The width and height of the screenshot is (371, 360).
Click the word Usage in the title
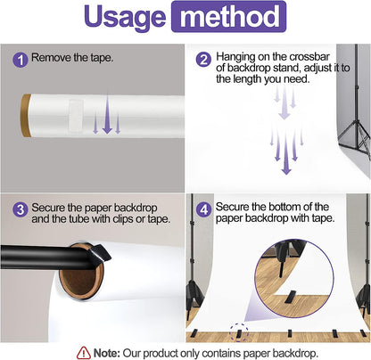(x=124, y=18)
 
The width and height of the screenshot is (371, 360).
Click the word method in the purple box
(x=229, y=17)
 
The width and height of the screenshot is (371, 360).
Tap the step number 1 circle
(x=21, y=60)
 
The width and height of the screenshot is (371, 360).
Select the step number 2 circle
(x=203, y=60)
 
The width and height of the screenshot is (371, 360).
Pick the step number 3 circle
(x=21, y=209)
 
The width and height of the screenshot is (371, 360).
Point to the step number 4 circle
(x=203, y=209)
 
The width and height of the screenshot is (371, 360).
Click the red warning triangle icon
(x=84, y=353)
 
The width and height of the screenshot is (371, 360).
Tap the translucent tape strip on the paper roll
(x=76, y=116)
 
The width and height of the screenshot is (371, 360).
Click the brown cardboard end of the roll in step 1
(x=26, y=116)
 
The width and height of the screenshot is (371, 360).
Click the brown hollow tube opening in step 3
(x=81, y=276)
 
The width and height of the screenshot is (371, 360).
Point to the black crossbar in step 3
(x=45, y=258)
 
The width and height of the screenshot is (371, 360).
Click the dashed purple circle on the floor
(x=239, y=332)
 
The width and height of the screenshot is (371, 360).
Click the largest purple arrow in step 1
(x=107, y=114)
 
